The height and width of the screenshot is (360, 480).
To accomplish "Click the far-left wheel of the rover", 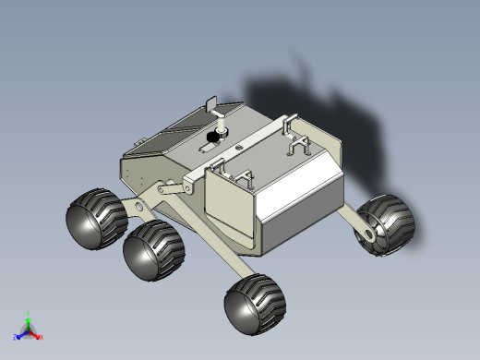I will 93,219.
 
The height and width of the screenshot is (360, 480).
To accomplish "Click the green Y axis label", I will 29,314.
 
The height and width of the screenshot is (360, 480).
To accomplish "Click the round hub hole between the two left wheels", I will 139,205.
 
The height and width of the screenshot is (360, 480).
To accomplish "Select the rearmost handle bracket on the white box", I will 297,142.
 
